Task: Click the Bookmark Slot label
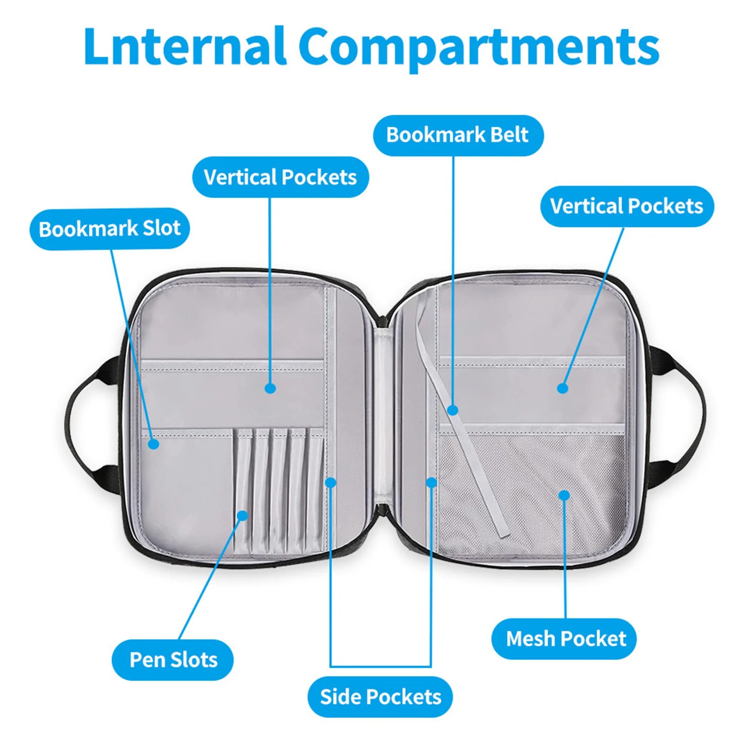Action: [x=110, y=229]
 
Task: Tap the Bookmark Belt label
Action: [x=458, y=135]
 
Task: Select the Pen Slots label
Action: [x=173, y=660]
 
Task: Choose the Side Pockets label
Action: [x=380, y=697]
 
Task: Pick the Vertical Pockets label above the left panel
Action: [x=280, y=177]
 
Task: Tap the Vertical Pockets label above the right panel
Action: [x=626, y=206]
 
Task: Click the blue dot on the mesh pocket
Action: [x=564, y=495]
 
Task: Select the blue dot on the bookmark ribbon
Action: [x=453, y=410]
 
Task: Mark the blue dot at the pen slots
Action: [x=243, y=515]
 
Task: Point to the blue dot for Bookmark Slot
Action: [x=154, y=444]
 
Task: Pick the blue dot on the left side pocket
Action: [x=330, y=482]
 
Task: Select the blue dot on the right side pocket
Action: [x=432, y=482]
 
